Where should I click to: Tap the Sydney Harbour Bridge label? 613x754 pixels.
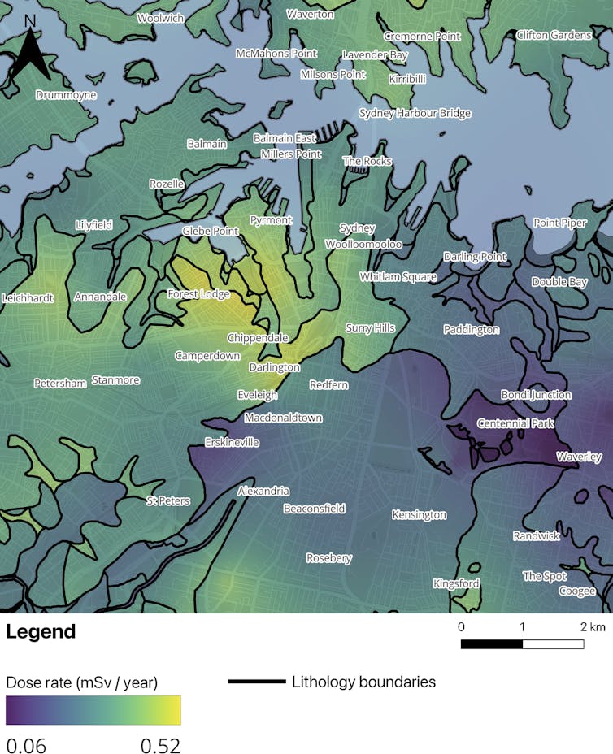click(x=415, y=114)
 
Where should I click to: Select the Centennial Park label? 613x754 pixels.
click(x=515, y=423)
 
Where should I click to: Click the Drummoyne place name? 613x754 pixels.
click(x=66, y=95)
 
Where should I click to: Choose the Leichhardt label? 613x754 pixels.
click(x=28, y=298)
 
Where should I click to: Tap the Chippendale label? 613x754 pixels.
click(x=258, y=338)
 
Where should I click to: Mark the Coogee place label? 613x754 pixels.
click(x=576, y=591)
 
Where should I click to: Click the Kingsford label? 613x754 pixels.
click(x=456, y=583)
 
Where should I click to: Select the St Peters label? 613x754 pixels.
click(x=168, y=500)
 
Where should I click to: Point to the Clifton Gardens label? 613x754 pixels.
click(x=554, y=36)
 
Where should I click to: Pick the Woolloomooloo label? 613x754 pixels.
click(x=363, y=244)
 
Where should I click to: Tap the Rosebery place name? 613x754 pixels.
click(x=328, y=558)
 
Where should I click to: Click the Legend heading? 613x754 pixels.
click(x=41, y=632)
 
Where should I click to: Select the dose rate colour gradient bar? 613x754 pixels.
click(x=93, y=709)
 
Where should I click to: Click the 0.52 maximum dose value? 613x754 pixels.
click(x=159, y=744)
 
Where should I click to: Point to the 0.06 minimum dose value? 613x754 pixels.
click(x=27, y=744)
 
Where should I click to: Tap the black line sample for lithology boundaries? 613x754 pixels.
click(x=256, y=682)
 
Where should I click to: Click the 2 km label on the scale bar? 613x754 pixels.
click(x=593, y=627)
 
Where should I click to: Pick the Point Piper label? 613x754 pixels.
click(x=559, y=223)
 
